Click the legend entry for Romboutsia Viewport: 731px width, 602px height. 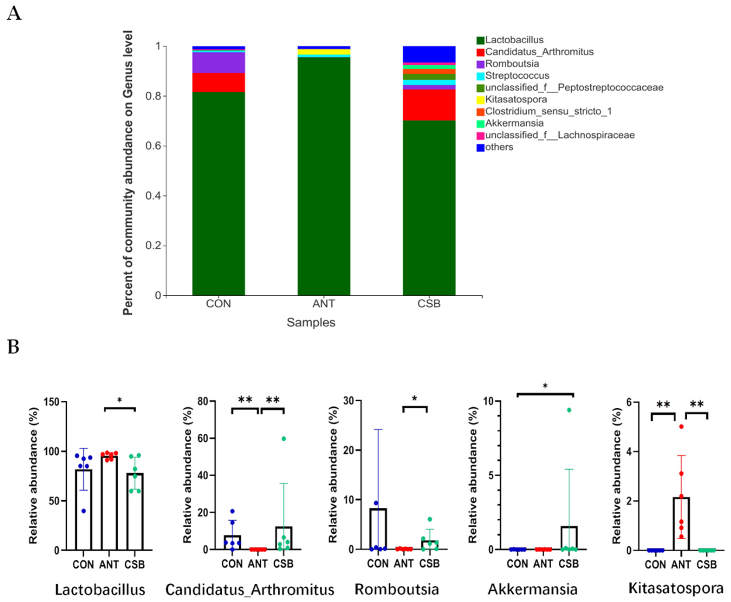pos(512,64)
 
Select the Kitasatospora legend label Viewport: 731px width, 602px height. pos(516,100)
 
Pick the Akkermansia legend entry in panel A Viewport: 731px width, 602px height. pos(514,123)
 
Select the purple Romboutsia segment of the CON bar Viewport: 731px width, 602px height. pos(218,62)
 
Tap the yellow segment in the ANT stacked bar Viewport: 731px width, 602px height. pos(324,52)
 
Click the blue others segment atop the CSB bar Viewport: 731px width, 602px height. pos(429,54)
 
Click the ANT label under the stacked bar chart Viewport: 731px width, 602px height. pos(324,304)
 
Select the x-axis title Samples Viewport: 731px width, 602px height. pos(311,322)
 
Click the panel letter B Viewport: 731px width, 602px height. pos(13,347)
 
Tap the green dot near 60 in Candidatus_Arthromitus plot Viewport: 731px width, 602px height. pos(284,439)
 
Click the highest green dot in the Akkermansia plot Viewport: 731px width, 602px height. pos(569,410)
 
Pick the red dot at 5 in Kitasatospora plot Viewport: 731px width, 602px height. pos(681,427)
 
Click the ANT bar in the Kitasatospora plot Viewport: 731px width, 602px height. pos(681,527)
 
